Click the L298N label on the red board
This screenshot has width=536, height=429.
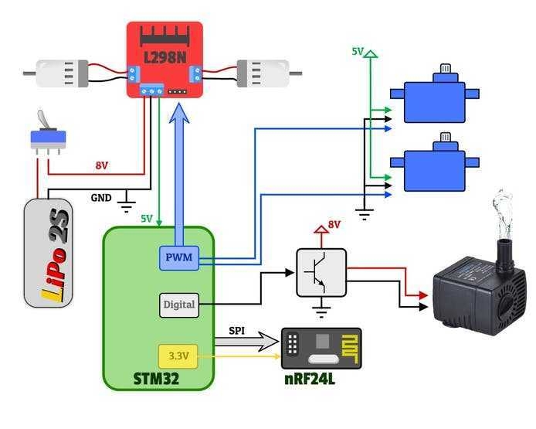165,56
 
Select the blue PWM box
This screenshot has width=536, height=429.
179,257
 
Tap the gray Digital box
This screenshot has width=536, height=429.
178,305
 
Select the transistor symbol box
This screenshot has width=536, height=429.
321,272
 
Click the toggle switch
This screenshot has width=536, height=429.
47,135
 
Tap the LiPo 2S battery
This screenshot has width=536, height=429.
49,252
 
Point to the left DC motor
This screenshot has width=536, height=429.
66,73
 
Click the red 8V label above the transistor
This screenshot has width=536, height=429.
334,225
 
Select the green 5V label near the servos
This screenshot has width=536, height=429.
358,51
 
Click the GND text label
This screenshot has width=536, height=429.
101,197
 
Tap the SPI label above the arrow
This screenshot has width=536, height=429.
238,330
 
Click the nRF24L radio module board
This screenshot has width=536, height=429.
321,349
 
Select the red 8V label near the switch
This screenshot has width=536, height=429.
102,165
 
